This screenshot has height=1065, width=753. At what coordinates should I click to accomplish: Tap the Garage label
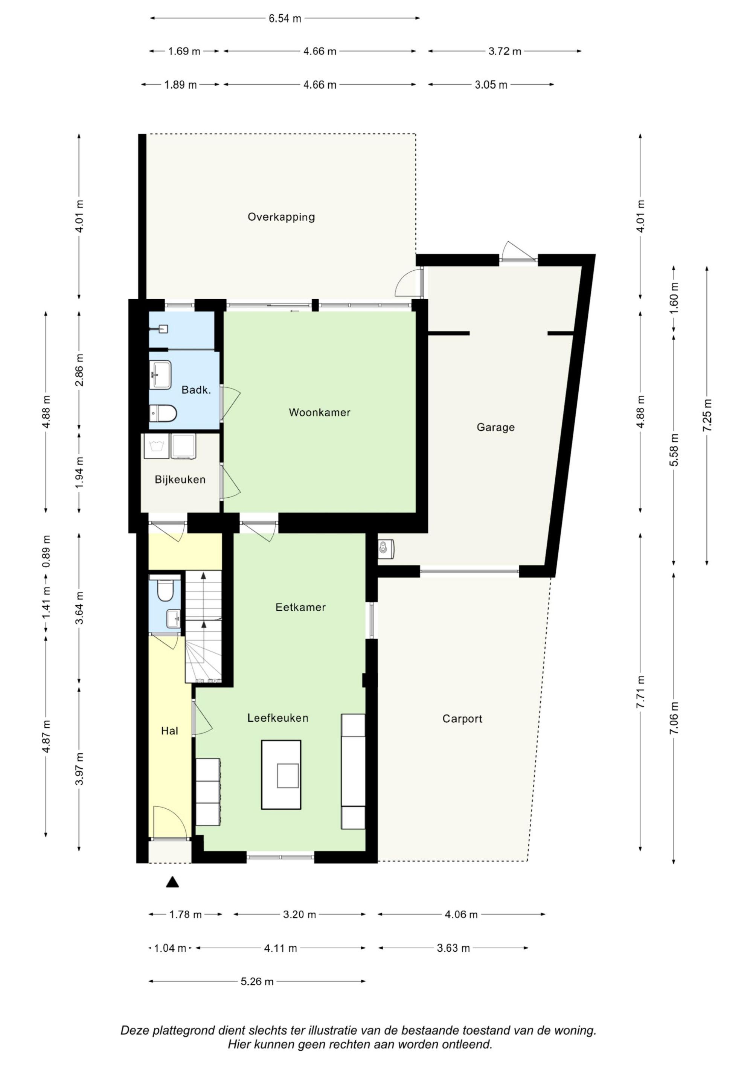[x=495, y=427]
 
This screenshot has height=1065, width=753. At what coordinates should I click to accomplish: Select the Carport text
[x=462, y=719]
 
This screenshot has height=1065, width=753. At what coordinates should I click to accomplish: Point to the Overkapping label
[x=281, y=217]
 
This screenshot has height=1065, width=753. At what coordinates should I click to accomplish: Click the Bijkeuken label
[x=180, y=480]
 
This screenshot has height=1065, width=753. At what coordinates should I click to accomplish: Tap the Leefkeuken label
[x=277, y=718]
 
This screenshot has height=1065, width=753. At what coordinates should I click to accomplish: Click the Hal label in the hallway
[x=169, y=731]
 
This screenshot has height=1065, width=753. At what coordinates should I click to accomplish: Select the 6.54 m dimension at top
[x=285, y=18]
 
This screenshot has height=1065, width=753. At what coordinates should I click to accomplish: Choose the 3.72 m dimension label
[x=505, y=52]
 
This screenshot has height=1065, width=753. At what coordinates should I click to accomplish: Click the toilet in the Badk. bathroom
[x=163, y=413]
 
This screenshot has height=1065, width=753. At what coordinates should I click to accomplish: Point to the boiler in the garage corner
[x=386, y=549]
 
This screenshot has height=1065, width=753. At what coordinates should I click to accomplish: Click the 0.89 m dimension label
[x=46, y=551]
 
